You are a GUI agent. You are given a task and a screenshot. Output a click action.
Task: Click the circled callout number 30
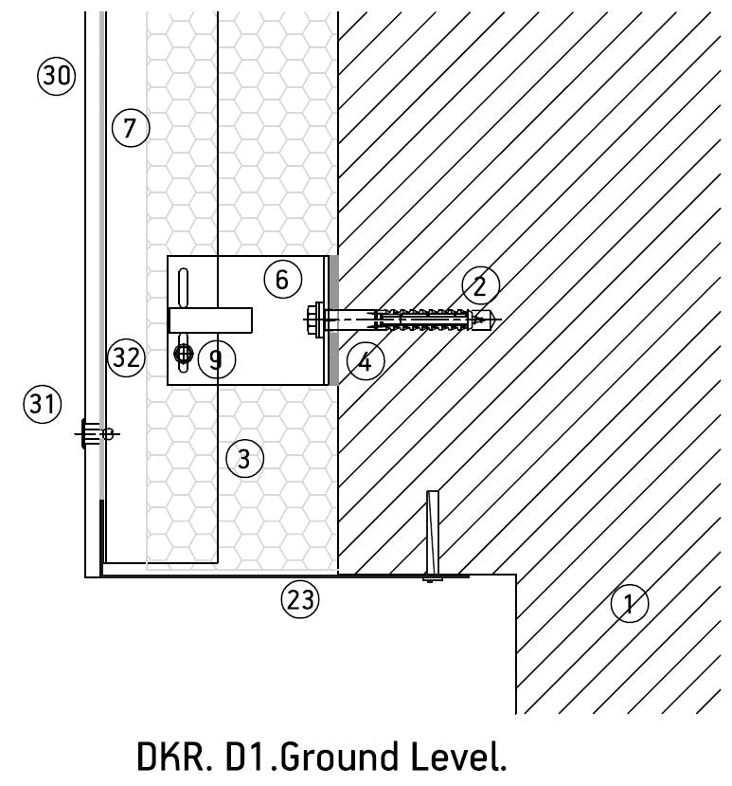[56, 75]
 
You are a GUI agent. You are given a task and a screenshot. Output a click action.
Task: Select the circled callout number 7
[131, 127]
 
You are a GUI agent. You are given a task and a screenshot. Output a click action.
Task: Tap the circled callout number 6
[282, 279]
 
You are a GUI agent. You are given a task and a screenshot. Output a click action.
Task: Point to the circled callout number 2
[480, 284]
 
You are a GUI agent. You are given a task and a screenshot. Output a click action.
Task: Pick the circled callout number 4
[366, 360]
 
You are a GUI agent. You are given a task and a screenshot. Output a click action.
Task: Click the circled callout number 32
[126, 357]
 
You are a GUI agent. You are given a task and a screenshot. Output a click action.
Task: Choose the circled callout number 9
[217, 359]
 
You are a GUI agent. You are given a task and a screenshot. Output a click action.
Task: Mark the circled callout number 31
[43, 405]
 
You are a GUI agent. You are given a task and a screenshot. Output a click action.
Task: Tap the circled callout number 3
[244, 460]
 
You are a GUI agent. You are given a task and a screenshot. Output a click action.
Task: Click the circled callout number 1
[630, 601]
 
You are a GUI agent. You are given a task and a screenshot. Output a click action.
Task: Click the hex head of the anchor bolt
[313, 320]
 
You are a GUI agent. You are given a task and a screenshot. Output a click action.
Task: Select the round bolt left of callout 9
[184, 354]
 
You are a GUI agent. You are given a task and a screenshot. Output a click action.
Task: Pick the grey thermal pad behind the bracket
[332, 320]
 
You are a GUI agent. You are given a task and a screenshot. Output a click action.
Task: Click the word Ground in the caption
[319, 759]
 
